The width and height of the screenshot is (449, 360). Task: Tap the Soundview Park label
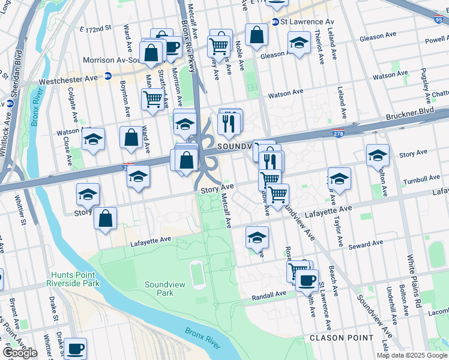click(159, 289)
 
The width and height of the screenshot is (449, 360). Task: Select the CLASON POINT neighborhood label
click(341, 338)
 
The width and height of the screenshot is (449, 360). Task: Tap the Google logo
click(20, 353)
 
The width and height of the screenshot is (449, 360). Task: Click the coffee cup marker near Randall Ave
click(307, 280)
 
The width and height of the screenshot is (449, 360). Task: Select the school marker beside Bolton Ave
click(378, 155)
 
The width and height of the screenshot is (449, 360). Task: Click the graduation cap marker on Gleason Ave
click(298, 43)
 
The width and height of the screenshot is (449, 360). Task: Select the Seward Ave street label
click(365, 244)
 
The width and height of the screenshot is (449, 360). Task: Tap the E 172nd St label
click(95, 28)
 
